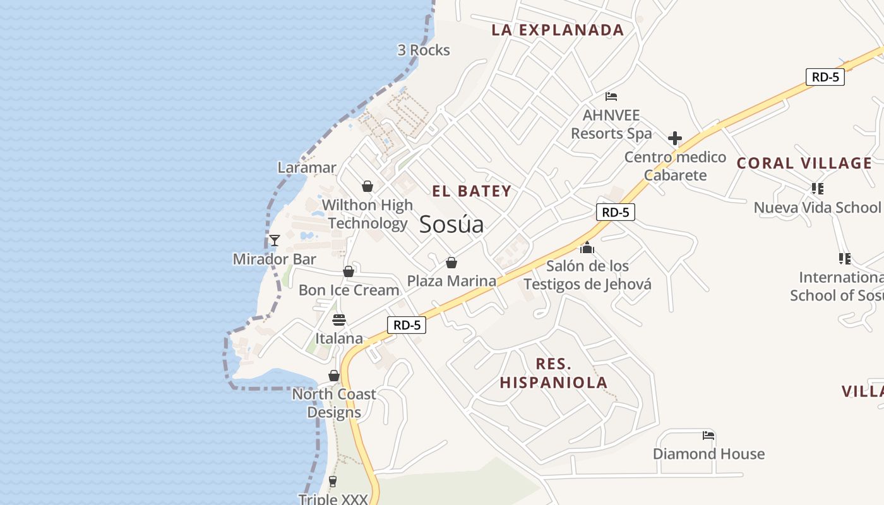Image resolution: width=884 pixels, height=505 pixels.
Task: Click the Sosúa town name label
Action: (451, 224)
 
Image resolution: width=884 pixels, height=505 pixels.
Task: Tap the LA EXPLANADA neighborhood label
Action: (558, 30)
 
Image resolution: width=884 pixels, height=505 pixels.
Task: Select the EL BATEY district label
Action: (472, 191)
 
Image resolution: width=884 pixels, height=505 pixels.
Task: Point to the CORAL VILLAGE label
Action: (804, 163)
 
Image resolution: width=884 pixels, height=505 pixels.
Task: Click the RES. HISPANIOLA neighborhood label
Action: (554, 373)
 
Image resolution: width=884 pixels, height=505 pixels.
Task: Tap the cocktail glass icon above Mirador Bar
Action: (274, 241)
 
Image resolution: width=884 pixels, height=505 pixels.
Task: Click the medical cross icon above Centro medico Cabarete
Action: (675, 138)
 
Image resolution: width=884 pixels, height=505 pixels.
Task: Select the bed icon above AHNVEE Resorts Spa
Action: (611, 97)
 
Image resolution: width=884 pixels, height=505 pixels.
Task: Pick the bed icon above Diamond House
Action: (708, 436)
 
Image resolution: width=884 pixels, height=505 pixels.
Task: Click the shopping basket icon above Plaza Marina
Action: (451, 263)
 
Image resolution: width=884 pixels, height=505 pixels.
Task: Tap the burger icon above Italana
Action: (339, 320)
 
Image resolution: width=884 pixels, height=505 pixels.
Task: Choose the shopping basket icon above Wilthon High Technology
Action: (367, 187)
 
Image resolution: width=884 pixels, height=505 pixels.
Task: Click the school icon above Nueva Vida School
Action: (818, 189)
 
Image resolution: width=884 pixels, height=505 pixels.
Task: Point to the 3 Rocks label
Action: (424, 50)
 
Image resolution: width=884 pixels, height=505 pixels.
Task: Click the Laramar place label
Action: (308, 167)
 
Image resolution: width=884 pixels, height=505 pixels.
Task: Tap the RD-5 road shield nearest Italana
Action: (407, 325)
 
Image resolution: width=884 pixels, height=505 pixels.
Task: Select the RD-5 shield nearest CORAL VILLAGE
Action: (825, 77)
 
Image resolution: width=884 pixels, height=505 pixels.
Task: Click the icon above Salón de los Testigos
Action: (587, 247)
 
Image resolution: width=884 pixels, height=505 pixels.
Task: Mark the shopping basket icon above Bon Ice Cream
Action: (349, 271)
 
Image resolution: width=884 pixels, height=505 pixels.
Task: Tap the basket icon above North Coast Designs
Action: (334, 376)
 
